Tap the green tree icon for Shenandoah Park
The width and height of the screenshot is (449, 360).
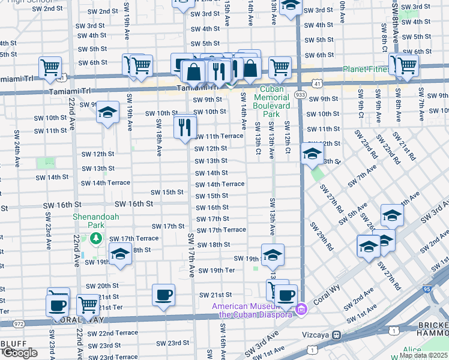click(x=96, y=239)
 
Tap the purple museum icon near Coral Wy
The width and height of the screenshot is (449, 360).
click(x=301, y=310)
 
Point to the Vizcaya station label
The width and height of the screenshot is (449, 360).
click(x=316, y=335)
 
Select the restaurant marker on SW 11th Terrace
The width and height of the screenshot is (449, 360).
click(x=184, y=127)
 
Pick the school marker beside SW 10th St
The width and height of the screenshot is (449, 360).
click(x=107, y=112)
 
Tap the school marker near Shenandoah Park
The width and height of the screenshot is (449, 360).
click(x=120, y=254)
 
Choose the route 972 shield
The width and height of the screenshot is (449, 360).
click(x=19, y=323)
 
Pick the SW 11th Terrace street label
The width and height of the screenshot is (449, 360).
click(x=218, y=136)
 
